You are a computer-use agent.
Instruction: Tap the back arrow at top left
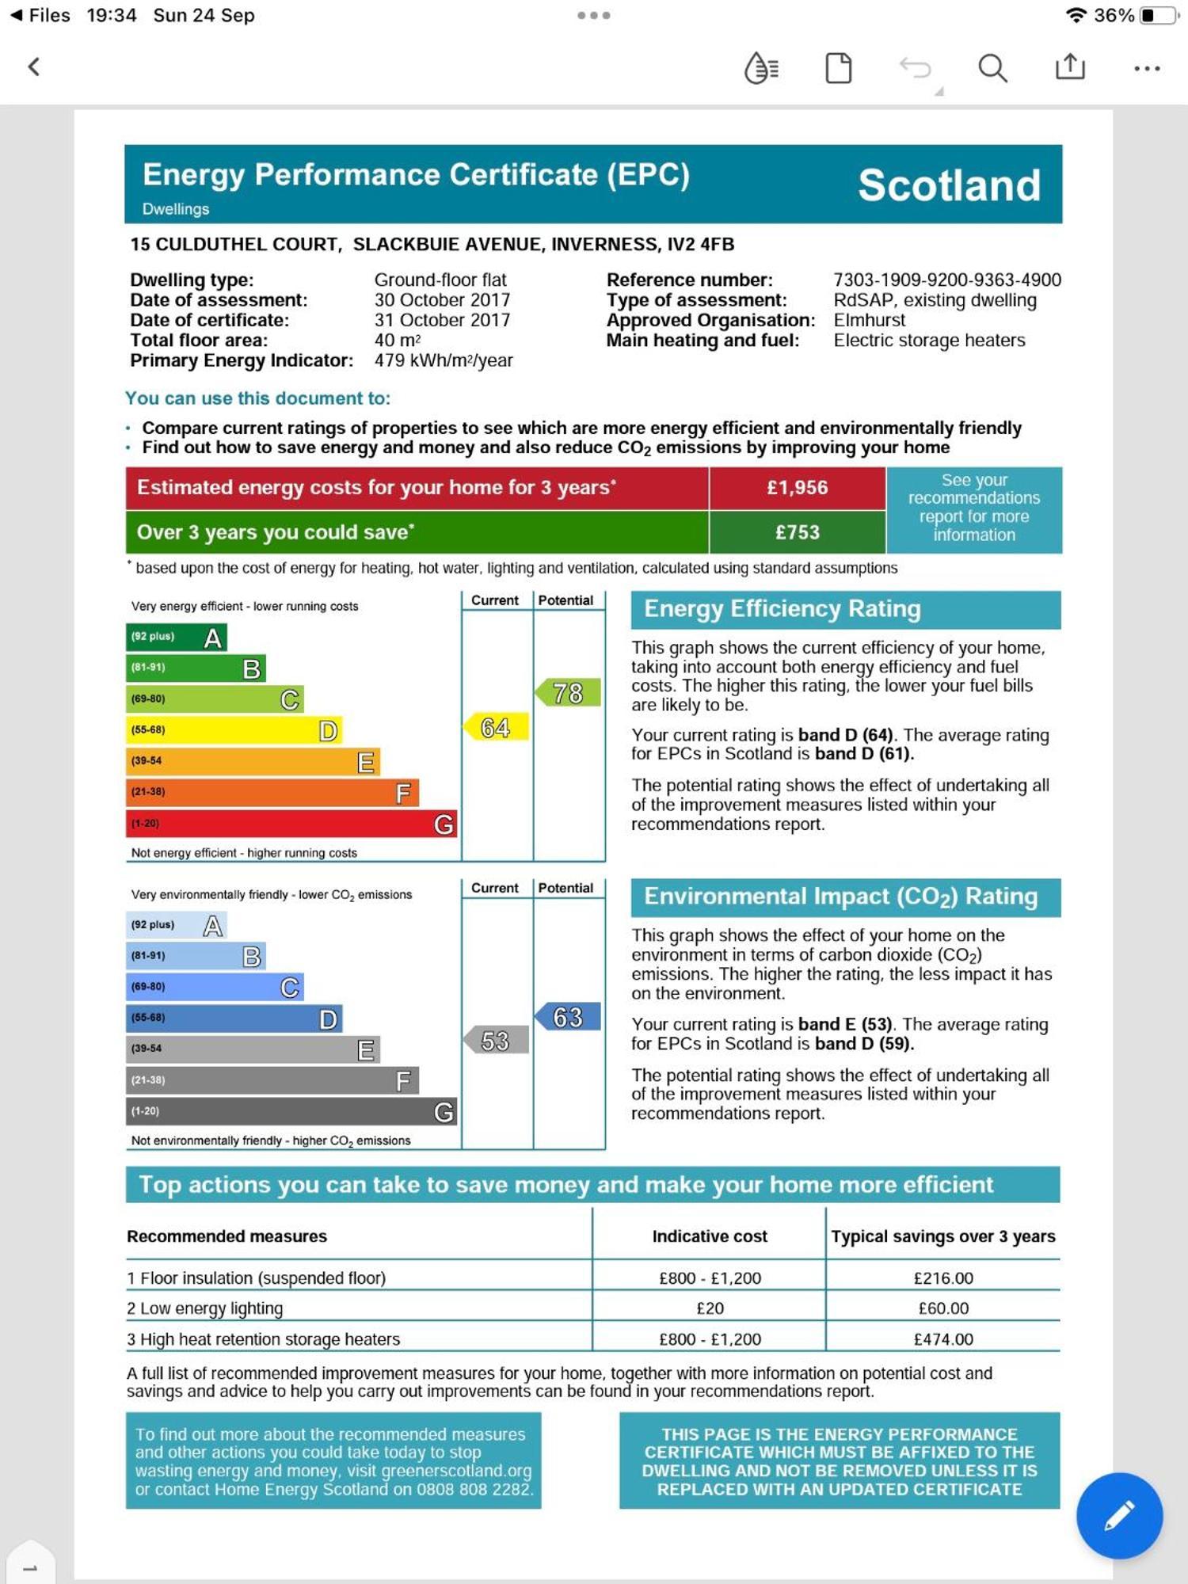coord(33,67)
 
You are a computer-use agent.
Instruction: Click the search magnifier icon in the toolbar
coord(992,68)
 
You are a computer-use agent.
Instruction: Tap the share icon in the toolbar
coord(1070,67)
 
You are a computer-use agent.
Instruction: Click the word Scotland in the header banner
coord(949,185)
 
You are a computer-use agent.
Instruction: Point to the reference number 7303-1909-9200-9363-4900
coord(946,280)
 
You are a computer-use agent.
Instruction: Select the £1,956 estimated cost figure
coord(797,488)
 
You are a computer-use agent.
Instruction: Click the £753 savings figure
coord(797,532)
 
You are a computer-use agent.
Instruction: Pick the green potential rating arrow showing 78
coord(568,693)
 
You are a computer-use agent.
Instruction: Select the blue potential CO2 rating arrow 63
coord(568,1017)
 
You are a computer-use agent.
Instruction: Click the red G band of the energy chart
coord(291,824)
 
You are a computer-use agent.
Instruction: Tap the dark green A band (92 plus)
coord(176,638)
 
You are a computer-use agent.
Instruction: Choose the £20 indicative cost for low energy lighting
coord(710,1308)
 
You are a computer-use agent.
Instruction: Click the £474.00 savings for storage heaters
coord(942,1339)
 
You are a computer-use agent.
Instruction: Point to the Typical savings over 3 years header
coord(942,1236)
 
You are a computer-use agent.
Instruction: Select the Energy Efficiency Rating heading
coord(782,609)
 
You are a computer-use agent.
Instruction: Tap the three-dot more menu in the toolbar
coord(1147,69)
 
